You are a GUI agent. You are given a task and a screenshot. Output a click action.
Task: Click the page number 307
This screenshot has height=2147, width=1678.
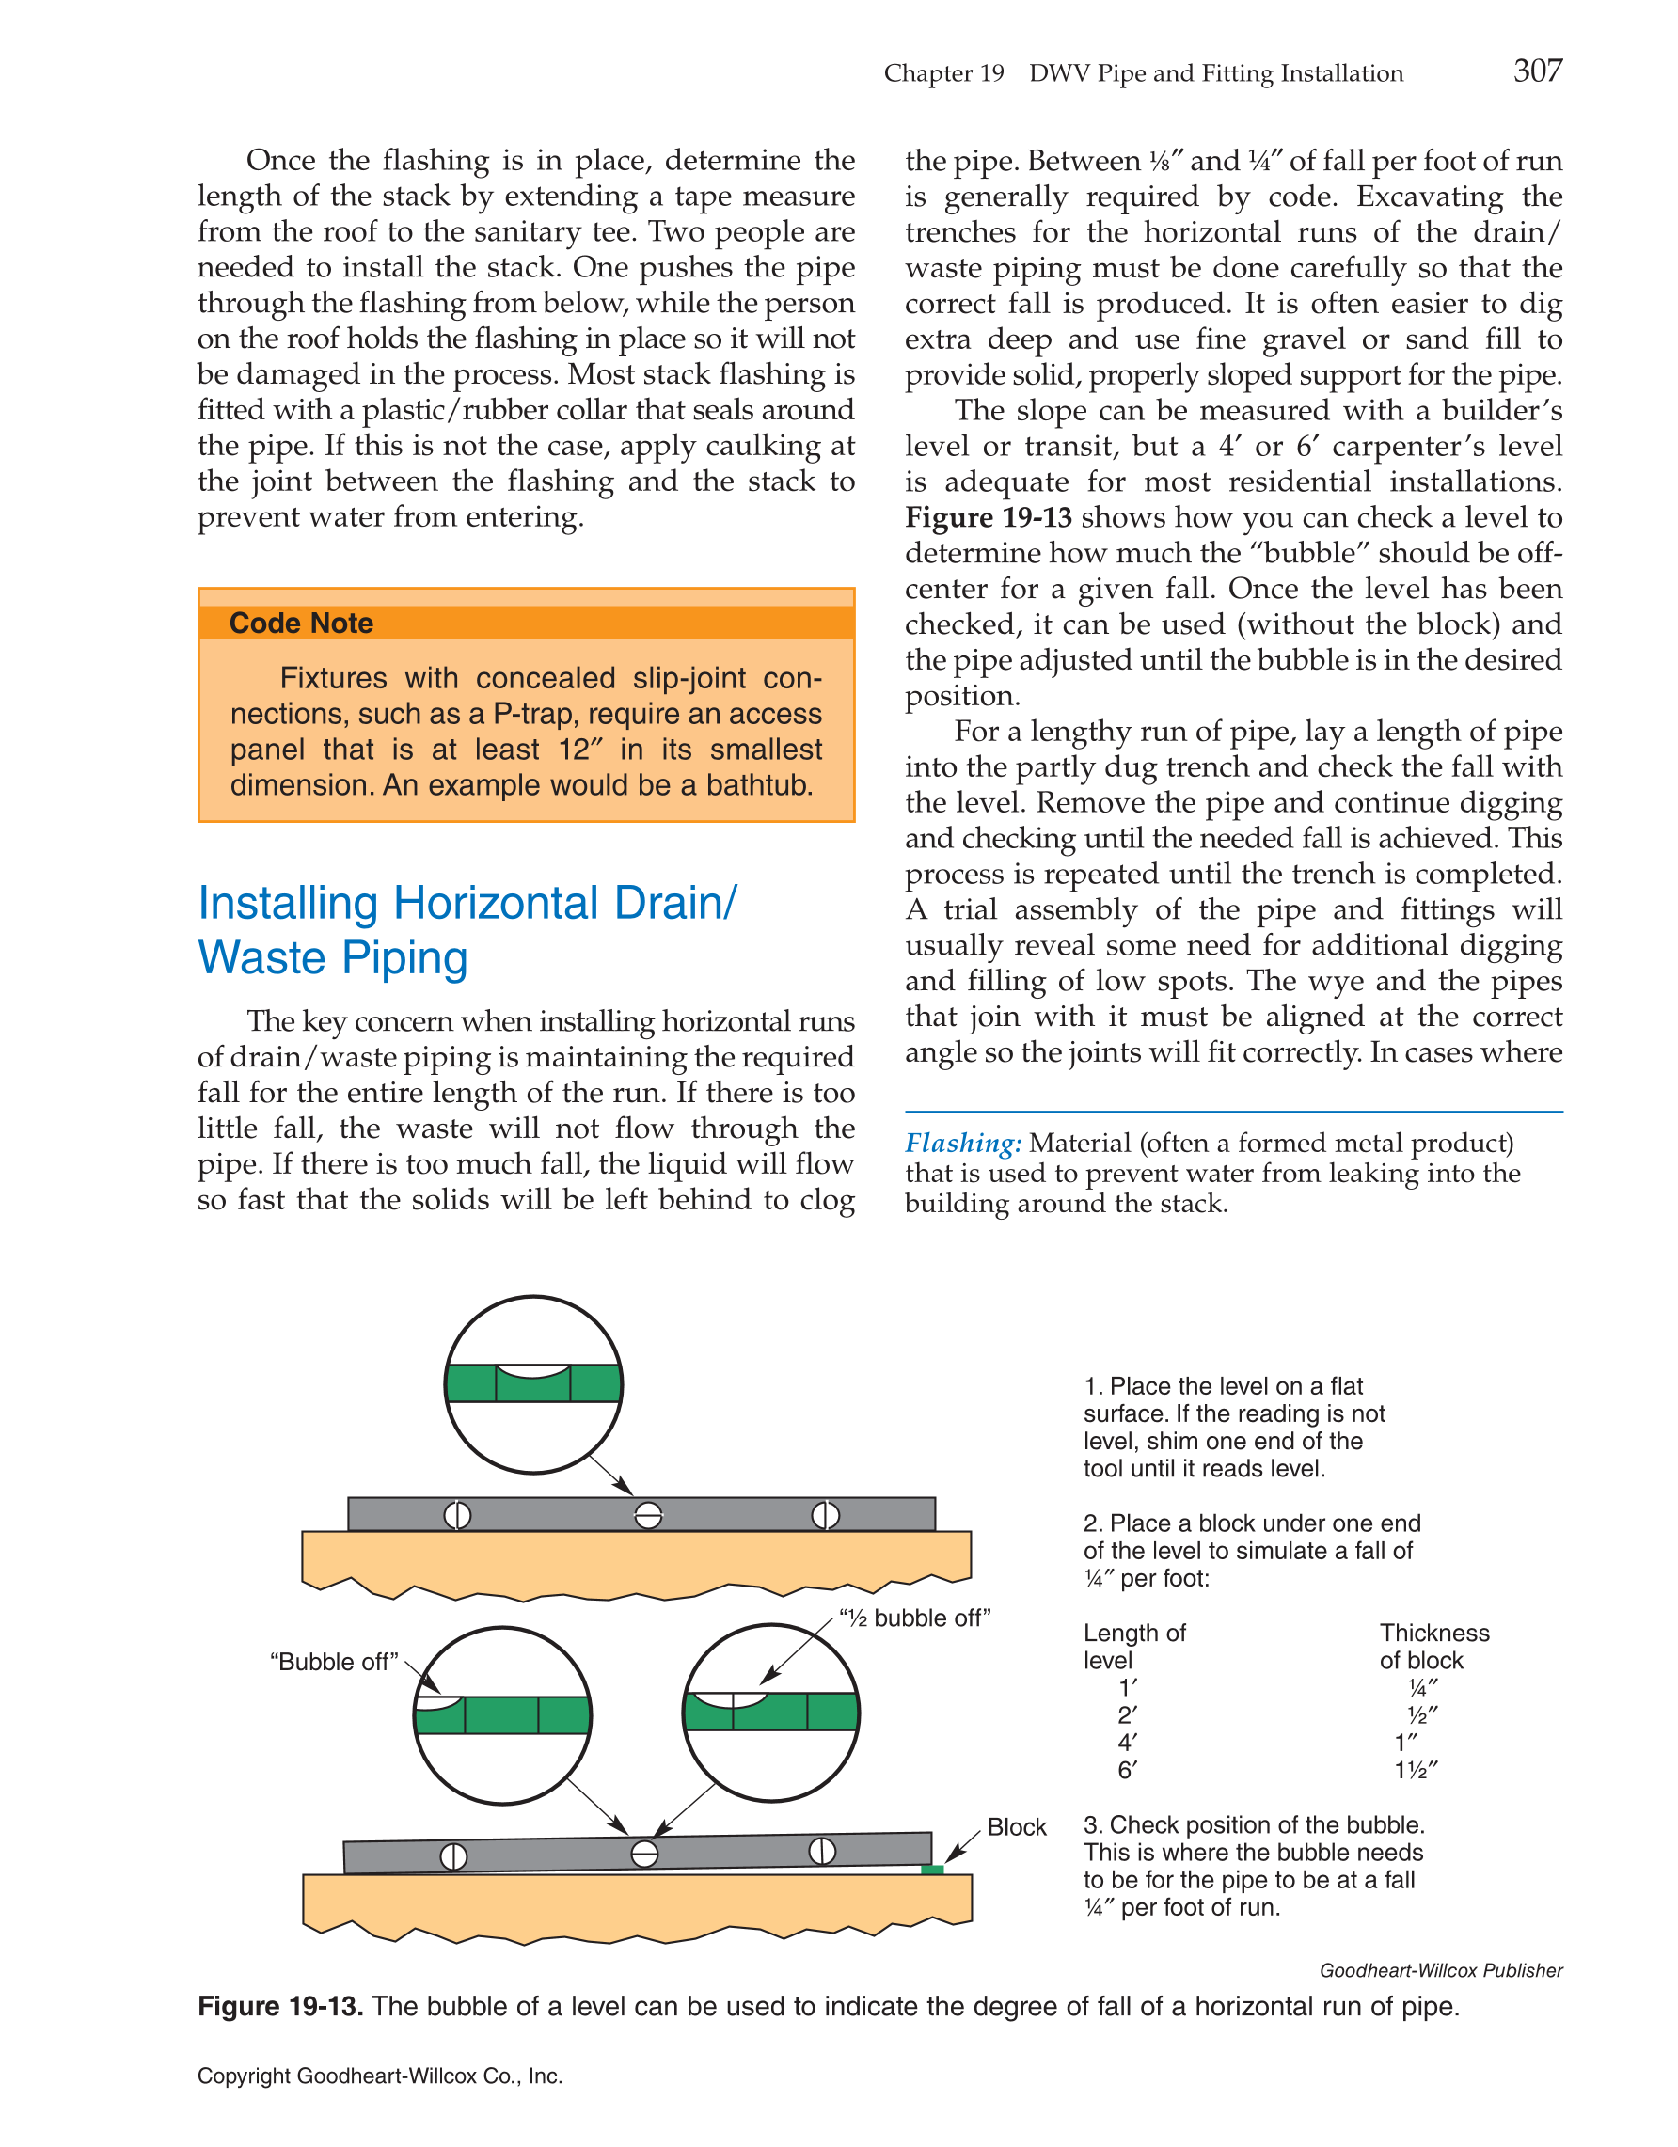click(1538, 71)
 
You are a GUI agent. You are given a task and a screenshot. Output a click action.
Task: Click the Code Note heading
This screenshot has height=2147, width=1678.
click(301, 624)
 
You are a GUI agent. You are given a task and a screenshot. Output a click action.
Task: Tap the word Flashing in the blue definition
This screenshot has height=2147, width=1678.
click(962, 1144)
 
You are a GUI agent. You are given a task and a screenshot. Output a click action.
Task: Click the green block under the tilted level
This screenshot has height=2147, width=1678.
click(932, 1869)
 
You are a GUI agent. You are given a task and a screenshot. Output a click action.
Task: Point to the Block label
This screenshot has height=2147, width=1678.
click(1017, 1826)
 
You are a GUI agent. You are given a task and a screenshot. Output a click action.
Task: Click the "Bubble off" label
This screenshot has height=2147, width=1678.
click(334, 1662)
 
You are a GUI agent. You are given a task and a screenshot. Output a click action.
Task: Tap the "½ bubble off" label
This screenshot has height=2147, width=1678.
click(914, 1618)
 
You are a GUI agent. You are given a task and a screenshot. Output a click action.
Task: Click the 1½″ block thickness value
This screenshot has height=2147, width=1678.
click(1417, 1771)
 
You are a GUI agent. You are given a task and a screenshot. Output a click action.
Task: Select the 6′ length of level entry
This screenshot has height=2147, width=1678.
click(1128, 1771)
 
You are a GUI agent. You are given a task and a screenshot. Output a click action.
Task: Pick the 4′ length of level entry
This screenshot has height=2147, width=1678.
click(1128, 1743)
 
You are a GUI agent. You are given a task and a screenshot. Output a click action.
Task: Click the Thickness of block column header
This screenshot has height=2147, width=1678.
click(1434, 1647)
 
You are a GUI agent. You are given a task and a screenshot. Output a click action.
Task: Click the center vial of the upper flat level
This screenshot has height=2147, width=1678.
click(648, 1515)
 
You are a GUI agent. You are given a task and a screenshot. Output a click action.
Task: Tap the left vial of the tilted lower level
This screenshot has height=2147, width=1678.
click(453, 1856)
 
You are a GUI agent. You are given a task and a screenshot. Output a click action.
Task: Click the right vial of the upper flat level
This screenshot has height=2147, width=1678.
click(825, 1515)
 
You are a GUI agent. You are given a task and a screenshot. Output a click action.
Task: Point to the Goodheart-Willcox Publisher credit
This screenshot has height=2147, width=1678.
click(1440, 1971)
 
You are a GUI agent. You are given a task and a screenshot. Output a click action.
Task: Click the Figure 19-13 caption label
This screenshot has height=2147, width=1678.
click(280, 2007)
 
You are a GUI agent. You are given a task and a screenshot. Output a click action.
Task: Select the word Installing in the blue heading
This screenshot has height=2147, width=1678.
click(288, 903)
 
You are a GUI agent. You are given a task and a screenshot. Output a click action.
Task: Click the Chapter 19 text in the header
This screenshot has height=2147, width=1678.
click(943, 73)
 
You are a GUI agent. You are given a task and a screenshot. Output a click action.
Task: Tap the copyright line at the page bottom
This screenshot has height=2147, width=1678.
click(379, 2076)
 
